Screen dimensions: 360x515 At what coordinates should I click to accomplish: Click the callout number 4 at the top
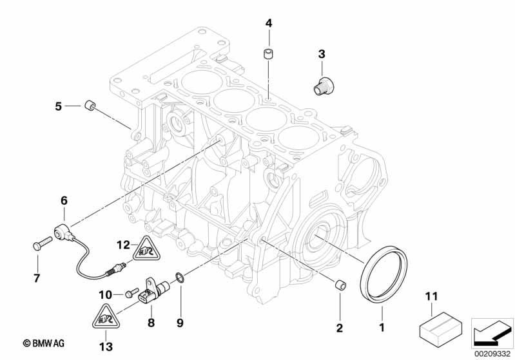[269, 23]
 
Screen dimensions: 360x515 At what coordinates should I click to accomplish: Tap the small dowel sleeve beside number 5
[90, 106]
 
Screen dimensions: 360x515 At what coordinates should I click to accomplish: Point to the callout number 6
[64, 201]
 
